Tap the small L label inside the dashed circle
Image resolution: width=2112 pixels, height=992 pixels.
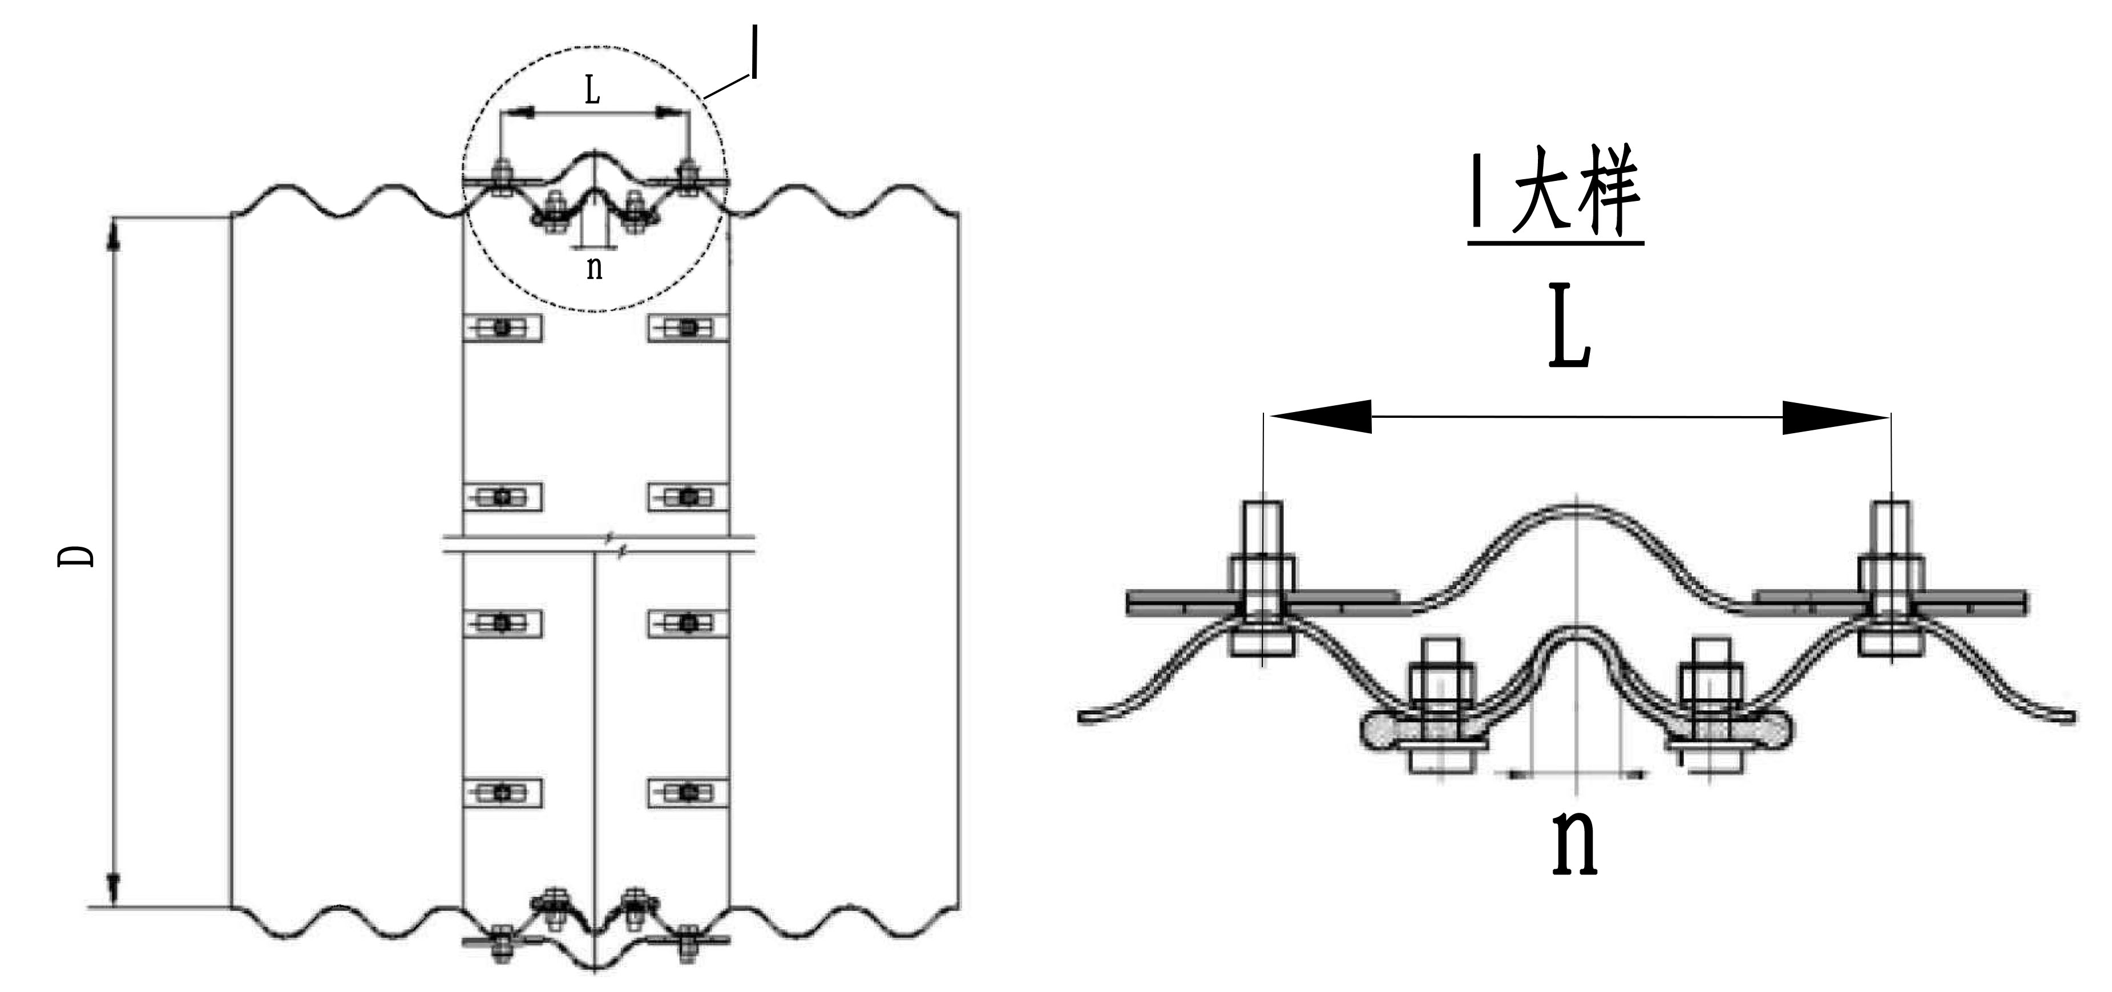point(592,90)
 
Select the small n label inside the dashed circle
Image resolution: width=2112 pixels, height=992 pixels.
point(595,267)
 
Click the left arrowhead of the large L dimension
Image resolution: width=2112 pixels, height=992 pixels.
point(1320,417)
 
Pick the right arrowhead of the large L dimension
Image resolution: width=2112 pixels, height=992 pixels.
point(1836,418)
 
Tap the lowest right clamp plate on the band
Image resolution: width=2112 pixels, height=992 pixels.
point(688,793)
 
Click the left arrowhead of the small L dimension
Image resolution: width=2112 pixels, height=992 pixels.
point(518,113)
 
